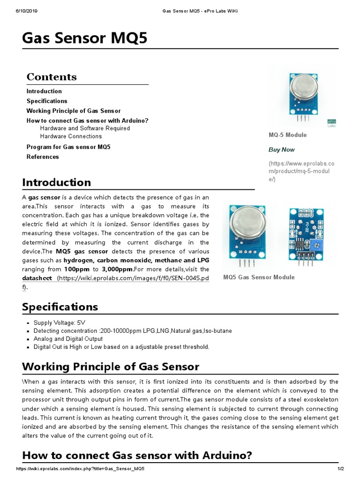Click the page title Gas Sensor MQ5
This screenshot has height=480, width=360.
click(x=85, y=39)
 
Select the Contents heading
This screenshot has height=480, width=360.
click(x=52, y=77)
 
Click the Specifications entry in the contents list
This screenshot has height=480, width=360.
click(x=47, y=101)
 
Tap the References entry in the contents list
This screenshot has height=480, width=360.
click(x=43, y=157)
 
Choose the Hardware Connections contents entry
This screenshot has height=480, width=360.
click(x=71, y=136)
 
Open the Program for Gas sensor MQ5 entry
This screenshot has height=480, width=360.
click(x=68, y=147)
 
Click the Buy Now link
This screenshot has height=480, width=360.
click(x=282, y=150)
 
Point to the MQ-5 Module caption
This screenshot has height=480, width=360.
click(x=287, y=135)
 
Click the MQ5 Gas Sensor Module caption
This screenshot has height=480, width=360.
click(x=259, y=277)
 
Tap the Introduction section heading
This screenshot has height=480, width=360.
click(x=57, y=182)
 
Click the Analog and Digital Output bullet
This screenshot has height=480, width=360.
click(x=68, y=339)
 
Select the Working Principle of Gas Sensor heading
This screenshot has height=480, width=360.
click(x=111, y=367)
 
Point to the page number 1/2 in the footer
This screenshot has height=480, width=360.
click(x=341, y=469)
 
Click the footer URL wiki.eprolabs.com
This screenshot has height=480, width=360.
click(x=80, y=469)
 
